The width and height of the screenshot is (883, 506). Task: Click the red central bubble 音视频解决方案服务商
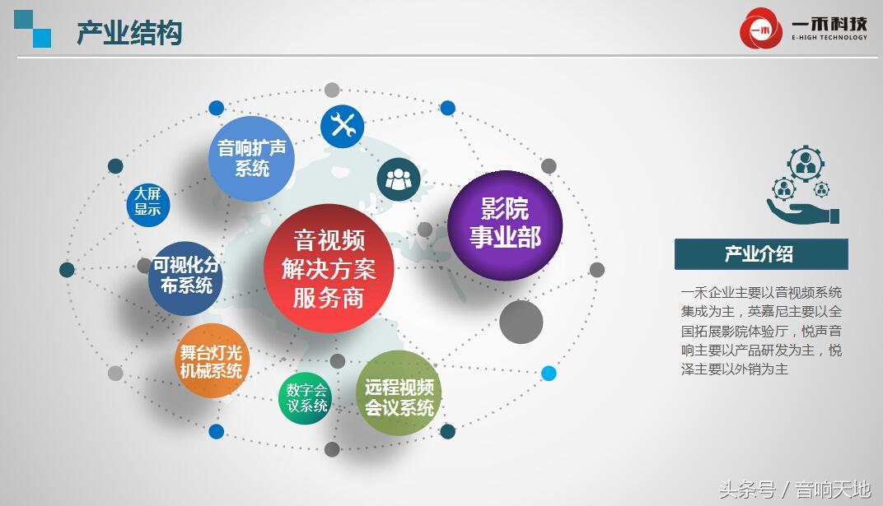[x=329, y=269]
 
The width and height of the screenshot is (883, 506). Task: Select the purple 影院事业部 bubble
[x=505, y=224]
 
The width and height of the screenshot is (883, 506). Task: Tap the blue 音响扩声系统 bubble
[x=251, y=158]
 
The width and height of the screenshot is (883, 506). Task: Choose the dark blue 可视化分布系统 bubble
[x=186, y=276]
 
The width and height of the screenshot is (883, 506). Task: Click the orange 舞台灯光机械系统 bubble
[x=212, y=361]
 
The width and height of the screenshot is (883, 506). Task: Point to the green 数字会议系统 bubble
[x=306, y=398]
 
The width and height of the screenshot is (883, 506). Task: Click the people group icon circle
[x=399, y=179]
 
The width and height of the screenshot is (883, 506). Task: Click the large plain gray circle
[x=521, y=322]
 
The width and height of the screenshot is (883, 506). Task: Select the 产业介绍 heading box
[x=760, y=254]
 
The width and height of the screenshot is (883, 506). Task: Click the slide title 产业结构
[x=129, y=33]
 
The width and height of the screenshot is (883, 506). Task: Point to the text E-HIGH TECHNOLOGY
[x=829, y=38]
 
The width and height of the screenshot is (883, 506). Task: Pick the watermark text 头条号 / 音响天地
[x=794, y=490]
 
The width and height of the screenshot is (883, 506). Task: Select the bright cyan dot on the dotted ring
[x=549, y=373]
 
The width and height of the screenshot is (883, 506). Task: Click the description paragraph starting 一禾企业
[x=760, y=331]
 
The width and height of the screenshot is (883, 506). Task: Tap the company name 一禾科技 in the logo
[x=829, y=23]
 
